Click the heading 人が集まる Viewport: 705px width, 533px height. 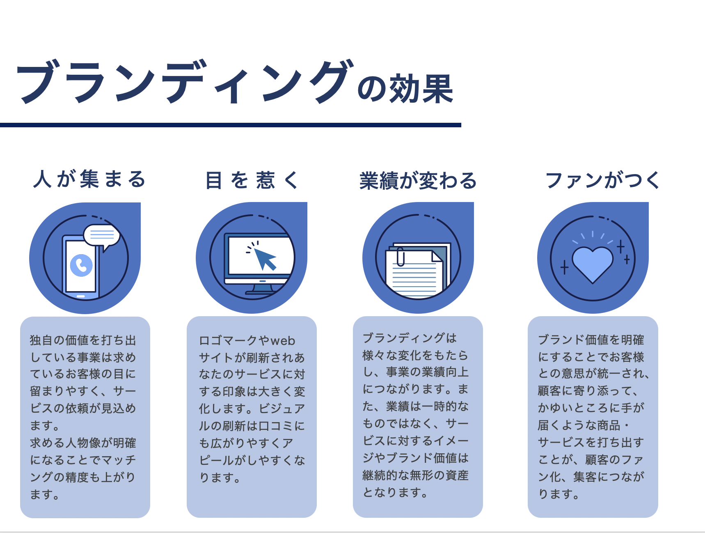[89, 179]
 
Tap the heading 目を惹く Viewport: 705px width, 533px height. [252, 180]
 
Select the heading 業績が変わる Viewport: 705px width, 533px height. [418, 181]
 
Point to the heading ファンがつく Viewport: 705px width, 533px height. [602, 180]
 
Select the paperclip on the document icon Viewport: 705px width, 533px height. [401, 257]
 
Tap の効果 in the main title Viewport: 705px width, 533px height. [405, 88]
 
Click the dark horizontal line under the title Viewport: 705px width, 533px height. [231, 125]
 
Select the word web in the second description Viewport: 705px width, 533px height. [283, 341]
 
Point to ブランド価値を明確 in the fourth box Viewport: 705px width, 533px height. [591, 340]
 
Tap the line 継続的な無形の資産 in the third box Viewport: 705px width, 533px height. [416, 475]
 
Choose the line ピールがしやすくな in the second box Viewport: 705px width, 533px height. [252, 460]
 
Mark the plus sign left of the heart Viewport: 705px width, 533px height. [565, 267]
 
